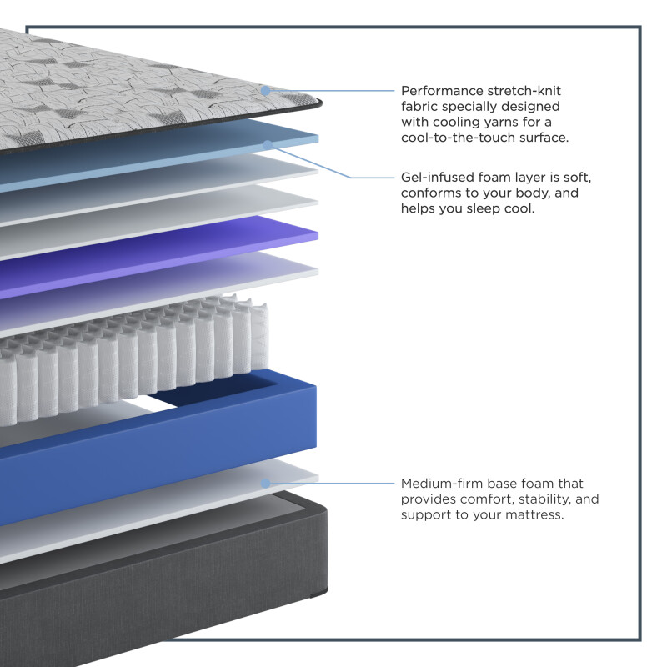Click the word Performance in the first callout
coord(442,91)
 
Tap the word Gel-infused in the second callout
coord(437,177)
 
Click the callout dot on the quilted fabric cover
coord(265,91)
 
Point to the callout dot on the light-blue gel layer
coord(268,145)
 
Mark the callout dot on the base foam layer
coord(265,484)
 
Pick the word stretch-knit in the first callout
coord(524,91)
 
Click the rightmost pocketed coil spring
coord(259,336)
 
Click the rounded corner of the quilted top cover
coord(316,102)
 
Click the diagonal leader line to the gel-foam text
coord(309,161)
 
